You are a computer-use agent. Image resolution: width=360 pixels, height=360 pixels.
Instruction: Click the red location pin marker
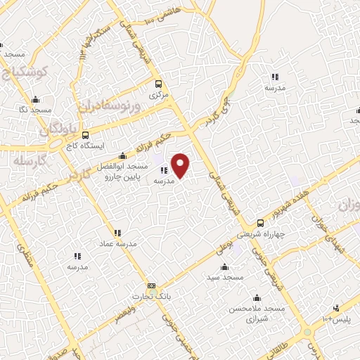click(181, 165)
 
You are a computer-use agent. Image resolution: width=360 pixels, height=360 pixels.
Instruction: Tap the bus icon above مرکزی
click(157, 82)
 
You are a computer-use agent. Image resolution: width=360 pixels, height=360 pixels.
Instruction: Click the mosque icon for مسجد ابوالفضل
click(123, 155)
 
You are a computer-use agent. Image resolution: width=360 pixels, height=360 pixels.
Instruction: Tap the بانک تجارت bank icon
click(152, 286)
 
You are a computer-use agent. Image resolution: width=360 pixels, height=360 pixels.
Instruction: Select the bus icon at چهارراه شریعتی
click(259, 221)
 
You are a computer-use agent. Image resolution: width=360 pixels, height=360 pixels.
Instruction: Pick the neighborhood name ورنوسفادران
click(110, 106)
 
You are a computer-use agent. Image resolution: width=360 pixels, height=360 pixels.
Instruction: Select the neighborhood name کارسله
click(29, 161)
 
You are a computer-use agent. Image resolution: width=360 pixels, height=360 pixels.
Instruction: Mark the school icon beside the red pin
click(164, 169)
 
